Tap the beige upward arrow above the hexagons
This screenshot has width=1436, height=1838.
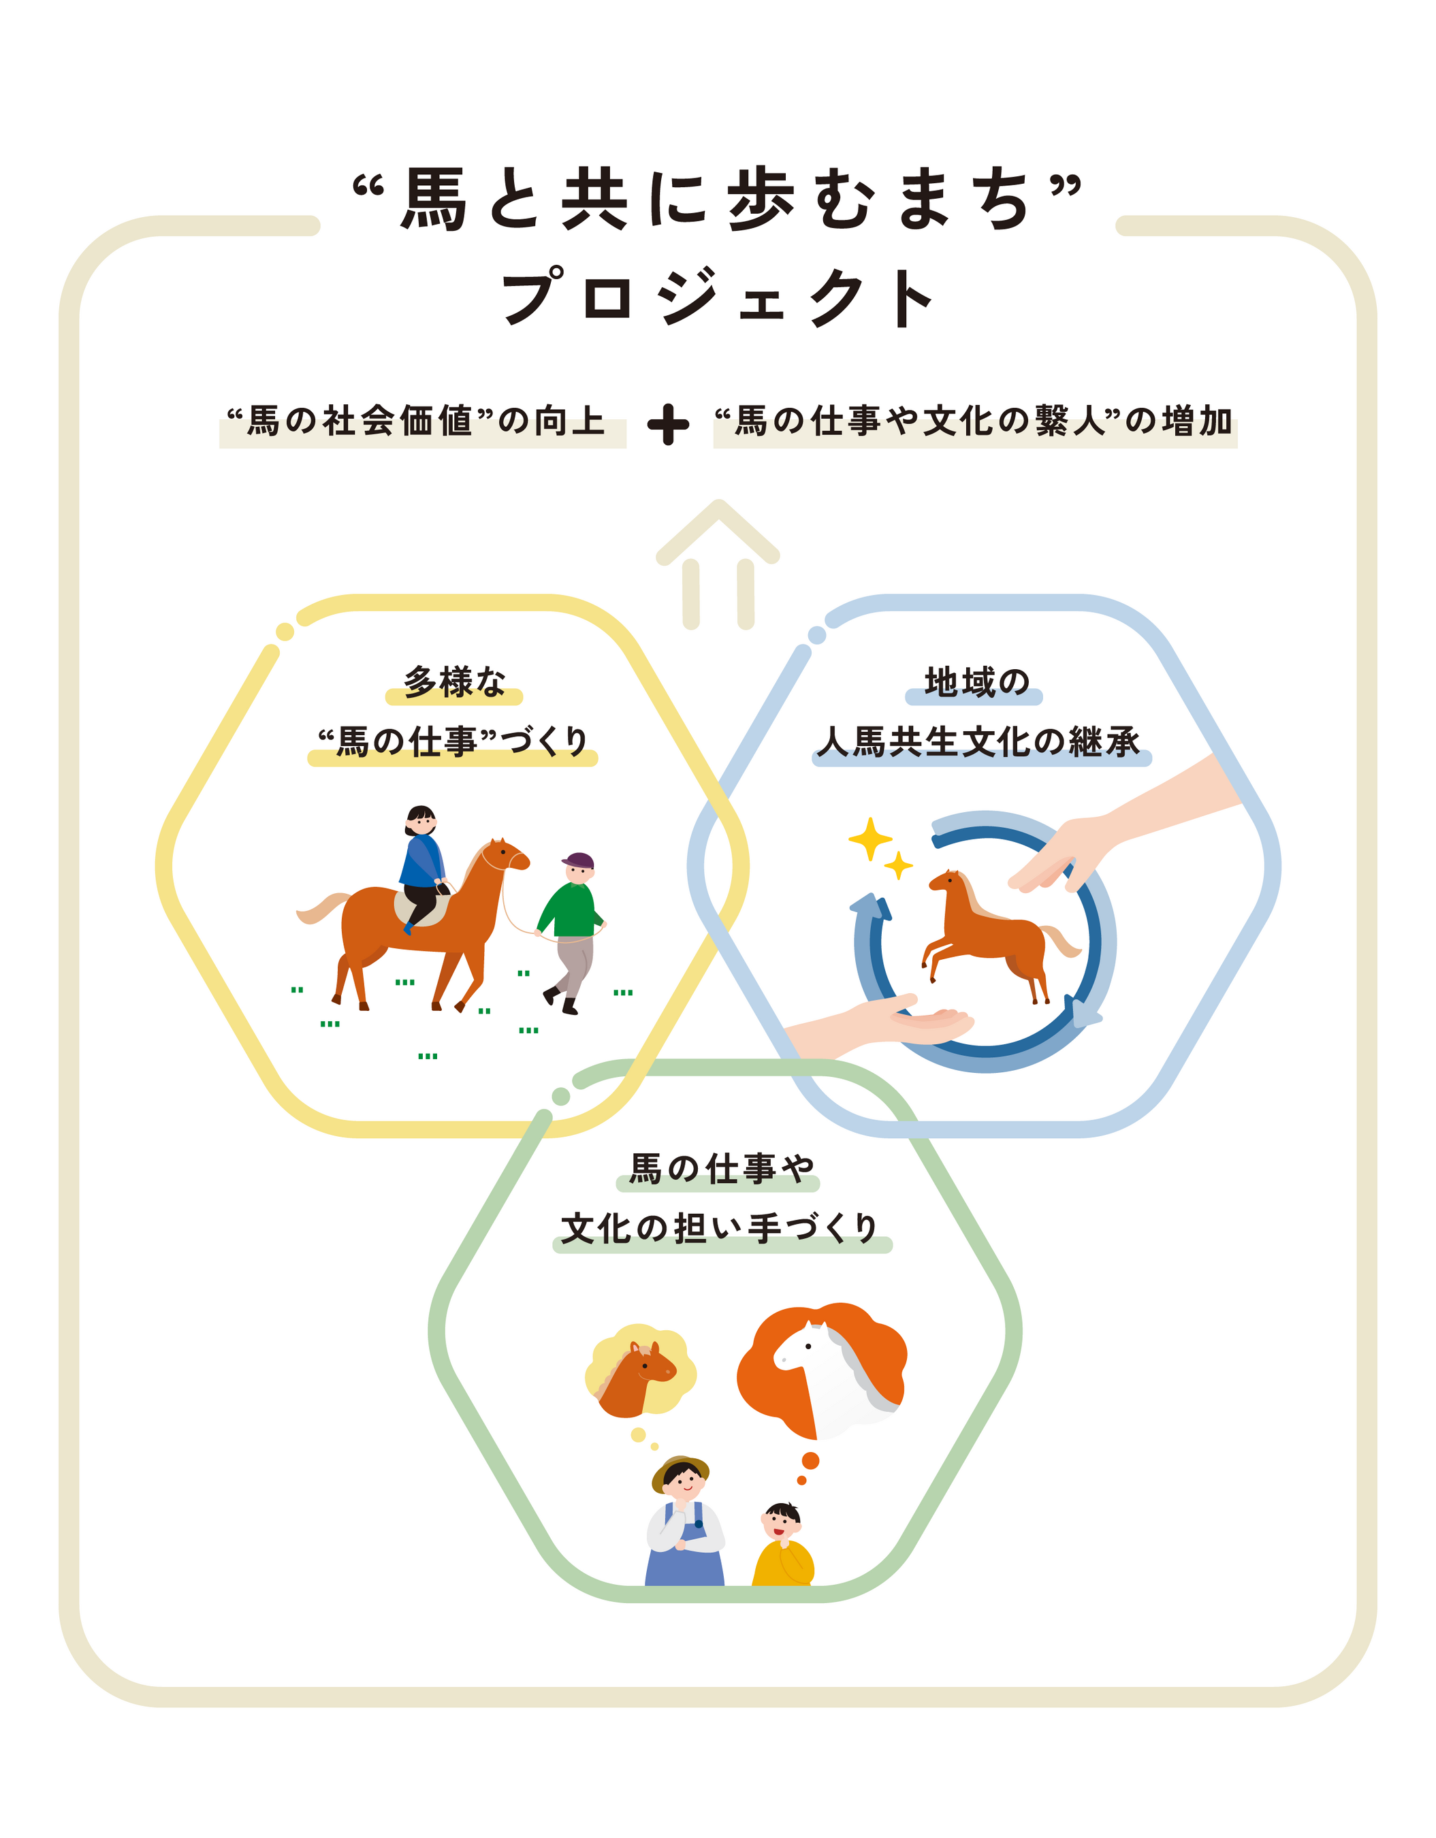(x=717, y=560)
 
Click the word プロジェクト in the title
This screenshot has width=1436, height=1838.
(x=717, y=297)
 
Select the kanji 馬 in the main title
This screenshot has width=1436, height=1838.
(x=434, y=199)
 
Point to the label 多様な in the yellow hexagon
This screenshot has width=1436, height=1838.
(x=455, y=681)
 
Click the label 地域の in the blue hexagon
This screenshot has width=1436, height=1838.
(x=976, y=681)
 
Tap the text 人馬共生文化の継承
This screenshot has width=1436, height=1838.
(x=979, y=742)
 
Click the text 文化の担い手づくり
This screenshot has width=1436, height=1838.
(x=720, y=1229)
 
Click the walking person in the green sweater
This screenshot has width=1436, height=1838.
(x=571, y=930)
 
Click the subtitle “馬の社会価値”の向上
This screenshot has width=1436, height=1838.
(x=418, y=421)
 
